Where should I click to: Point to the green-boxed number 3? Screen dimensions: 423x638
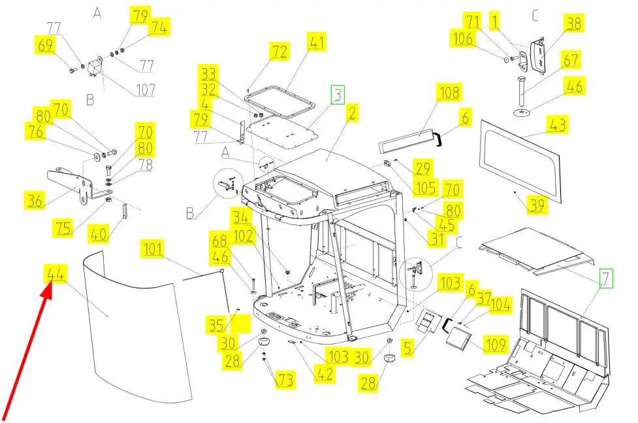337,95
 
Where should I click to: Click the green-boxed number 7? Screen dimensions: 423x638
607,278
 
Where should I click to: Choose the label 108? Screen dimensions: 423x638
450,93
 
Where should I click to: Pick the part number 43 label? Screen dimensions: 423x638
557,124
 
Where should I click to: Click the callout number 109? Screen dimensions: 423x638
494,345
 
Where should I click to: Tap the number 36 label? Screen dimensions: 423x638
35,199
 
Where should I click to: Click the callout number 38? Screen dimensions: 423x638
574,24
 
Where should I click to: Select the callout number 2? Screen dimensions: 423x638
352,114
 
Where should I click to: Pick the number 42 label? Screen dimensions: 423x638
325,375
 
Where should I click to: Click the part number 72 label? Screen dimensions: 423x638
279,52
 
